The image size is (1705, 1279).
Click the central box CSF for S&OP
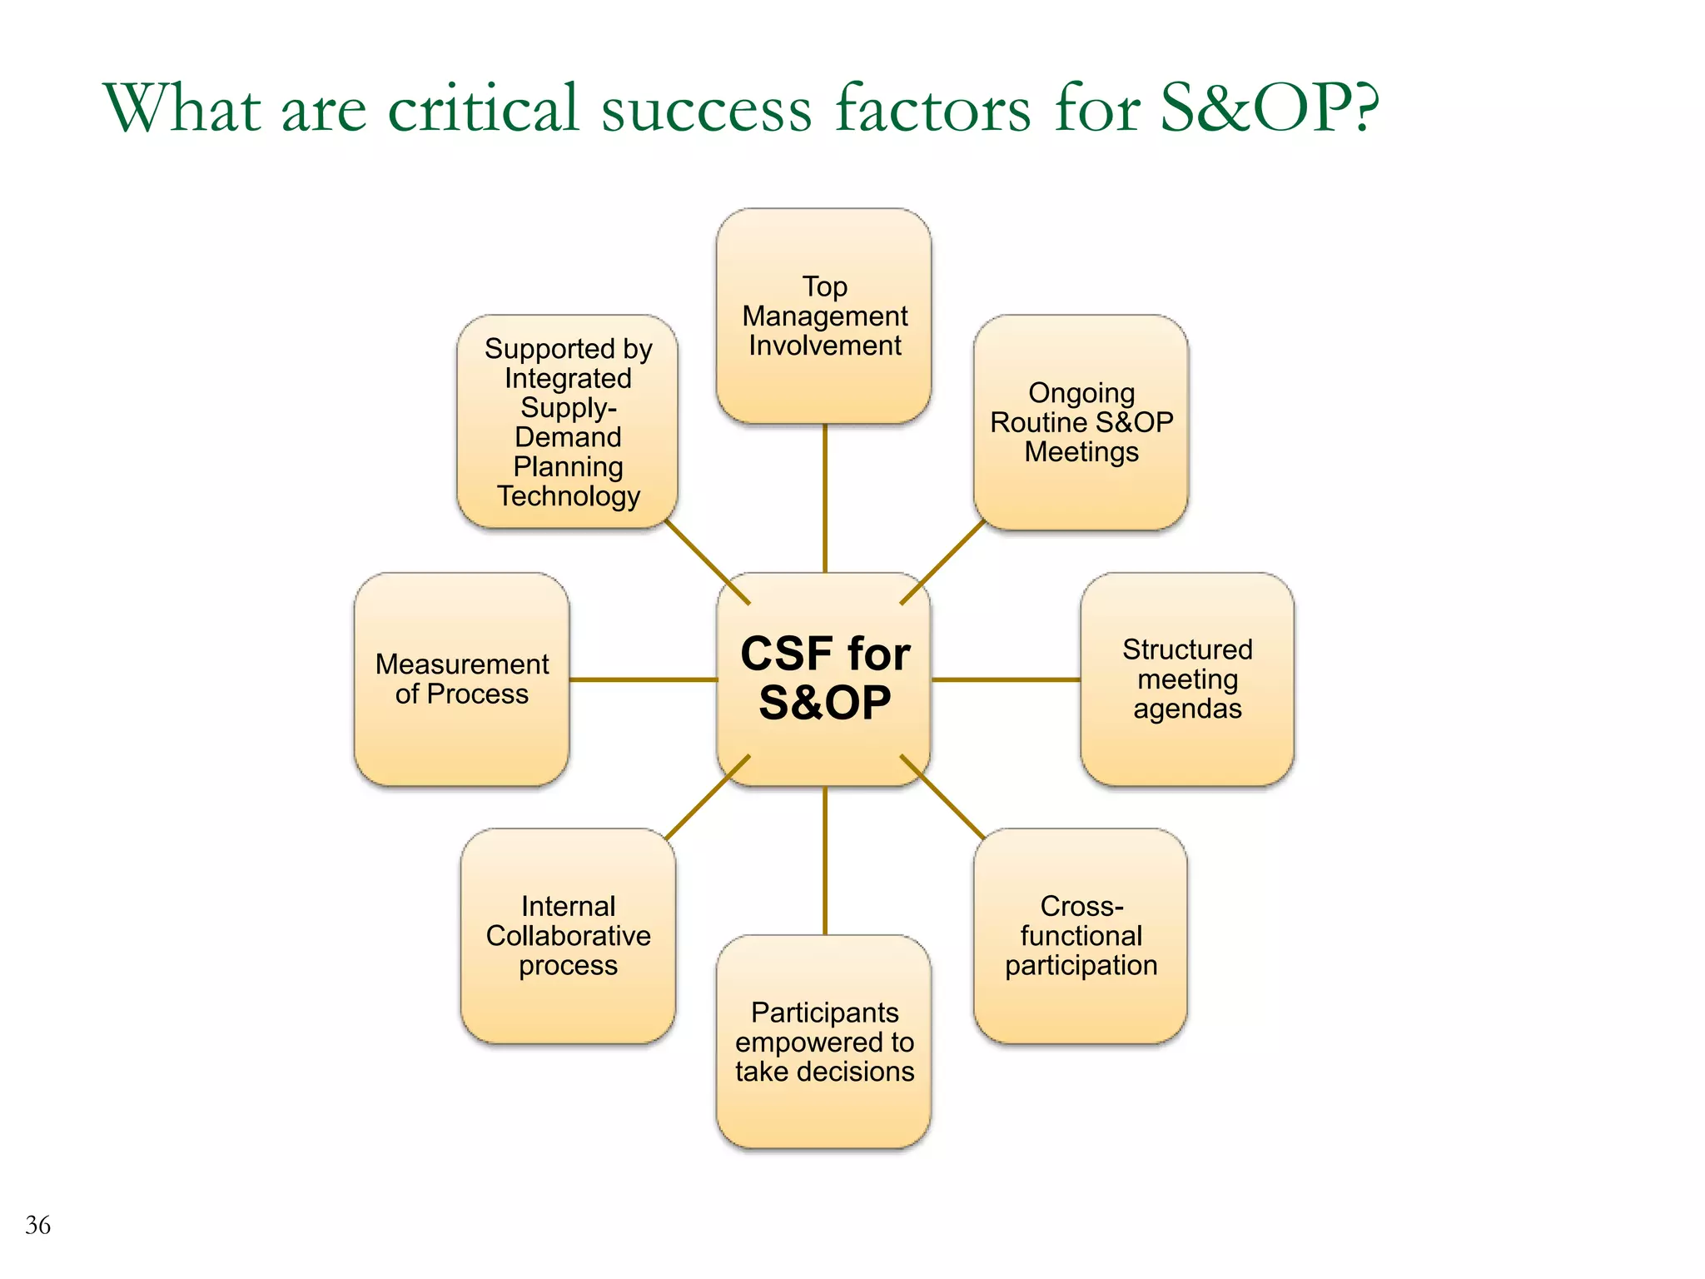point(824,678)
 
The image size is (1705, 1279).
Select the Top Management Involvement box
point(824,316)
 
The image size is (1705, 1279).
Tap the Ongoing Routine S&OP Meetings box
point(1081,422)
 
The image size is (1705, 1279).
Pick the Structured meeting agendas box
point(1187,679)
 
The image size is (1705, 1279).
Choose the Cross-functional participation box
point(1081,935)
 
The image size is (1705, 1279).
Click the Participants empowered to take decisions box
point(824,1042)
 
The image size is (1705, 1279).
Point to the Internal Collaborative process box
point(568,935)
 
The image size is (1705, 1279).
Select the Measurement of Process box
point(461,679)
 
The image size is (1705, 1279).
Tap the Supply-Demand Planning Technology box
point(568,422)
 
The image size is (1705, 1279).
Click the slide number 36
point(38,1225)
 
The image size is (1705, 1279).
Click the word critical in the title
point(483,108)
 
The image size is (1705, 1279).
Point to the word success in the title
point(706,108)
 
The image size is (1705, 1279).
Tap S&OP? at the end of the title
point(1270,108)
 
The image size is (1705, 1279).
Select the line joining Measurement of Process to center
point(643,679)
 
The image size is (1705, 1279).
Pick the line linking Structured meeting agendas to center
point(1006,679)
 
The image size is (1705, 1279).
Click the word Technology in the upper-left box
point(569,496)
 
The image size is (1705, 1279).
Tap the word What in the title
point(181,108)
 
